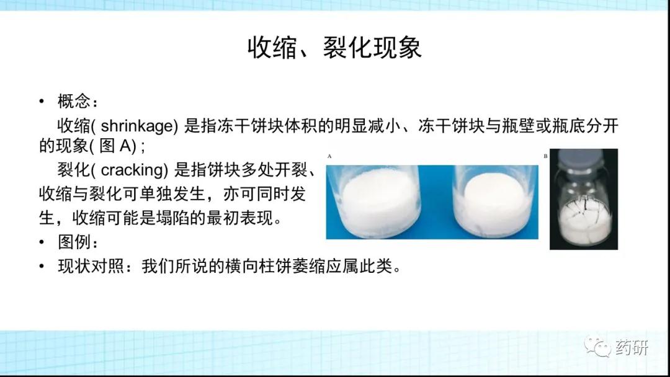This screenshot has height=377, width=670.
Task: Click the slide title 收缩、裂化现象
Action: (334, 47)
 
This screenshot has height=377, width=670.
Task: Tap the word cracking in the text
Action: (134, 170)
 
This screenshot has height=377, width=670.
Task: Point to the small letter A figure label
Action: (329, 156)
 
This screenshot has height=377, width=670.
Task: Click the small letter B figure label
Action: (545, 156)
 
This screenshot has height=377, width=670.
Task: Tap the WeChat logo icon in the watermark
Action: (597, 346)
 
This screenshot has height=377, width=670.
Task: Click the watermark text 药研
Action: (632, 347)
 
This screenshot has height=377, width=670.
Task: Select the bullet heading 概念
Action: (74, 101)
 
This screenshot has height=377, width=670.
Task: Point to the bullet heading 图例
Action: (74, 242)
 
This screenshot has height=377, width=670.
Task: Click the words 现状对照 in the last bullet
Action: (91, 266)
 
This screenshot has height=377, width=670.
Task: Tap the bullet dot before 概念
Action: (42, 102)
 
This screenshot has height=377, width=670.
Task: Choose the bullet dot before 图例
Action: (42, 242)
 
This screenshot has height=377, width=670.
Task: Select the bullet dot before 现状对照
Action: (42, 267)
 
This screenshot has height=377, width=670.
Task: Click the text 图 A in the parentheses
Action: (115, 146)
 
